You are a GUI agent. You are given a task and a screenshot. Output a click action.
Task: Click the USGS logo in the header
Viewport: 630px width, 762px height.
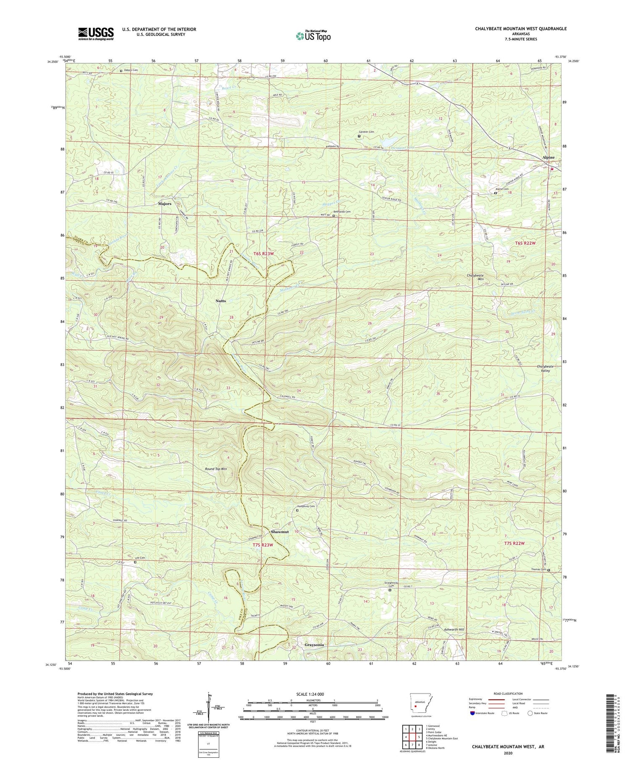click(x=96, y=34)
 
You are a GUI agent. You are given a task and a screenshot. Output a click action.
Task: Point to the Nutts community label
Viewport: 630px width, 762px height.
click(x=220, y=301)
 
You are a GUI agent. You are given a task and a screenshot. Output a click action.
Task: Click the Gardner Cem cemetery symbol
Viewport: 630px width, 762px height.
click(x=359, y=136)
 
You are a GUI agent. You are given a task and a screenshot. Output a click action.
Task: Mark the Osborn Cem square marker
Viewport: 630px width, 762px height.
click(x=121, y=71)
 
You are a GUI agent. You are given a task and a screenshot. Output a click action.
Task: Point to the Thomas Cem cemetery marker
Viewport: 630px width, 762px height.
click(x=549, y=570)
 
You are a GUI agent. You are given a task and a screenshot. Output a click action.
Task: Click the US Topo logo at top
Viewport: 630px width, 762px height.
click(x=313, y=36)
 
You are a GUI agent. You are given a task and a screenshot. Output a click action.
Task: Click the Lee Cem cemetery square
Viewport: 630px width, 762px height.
click(x=135, y=562)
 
